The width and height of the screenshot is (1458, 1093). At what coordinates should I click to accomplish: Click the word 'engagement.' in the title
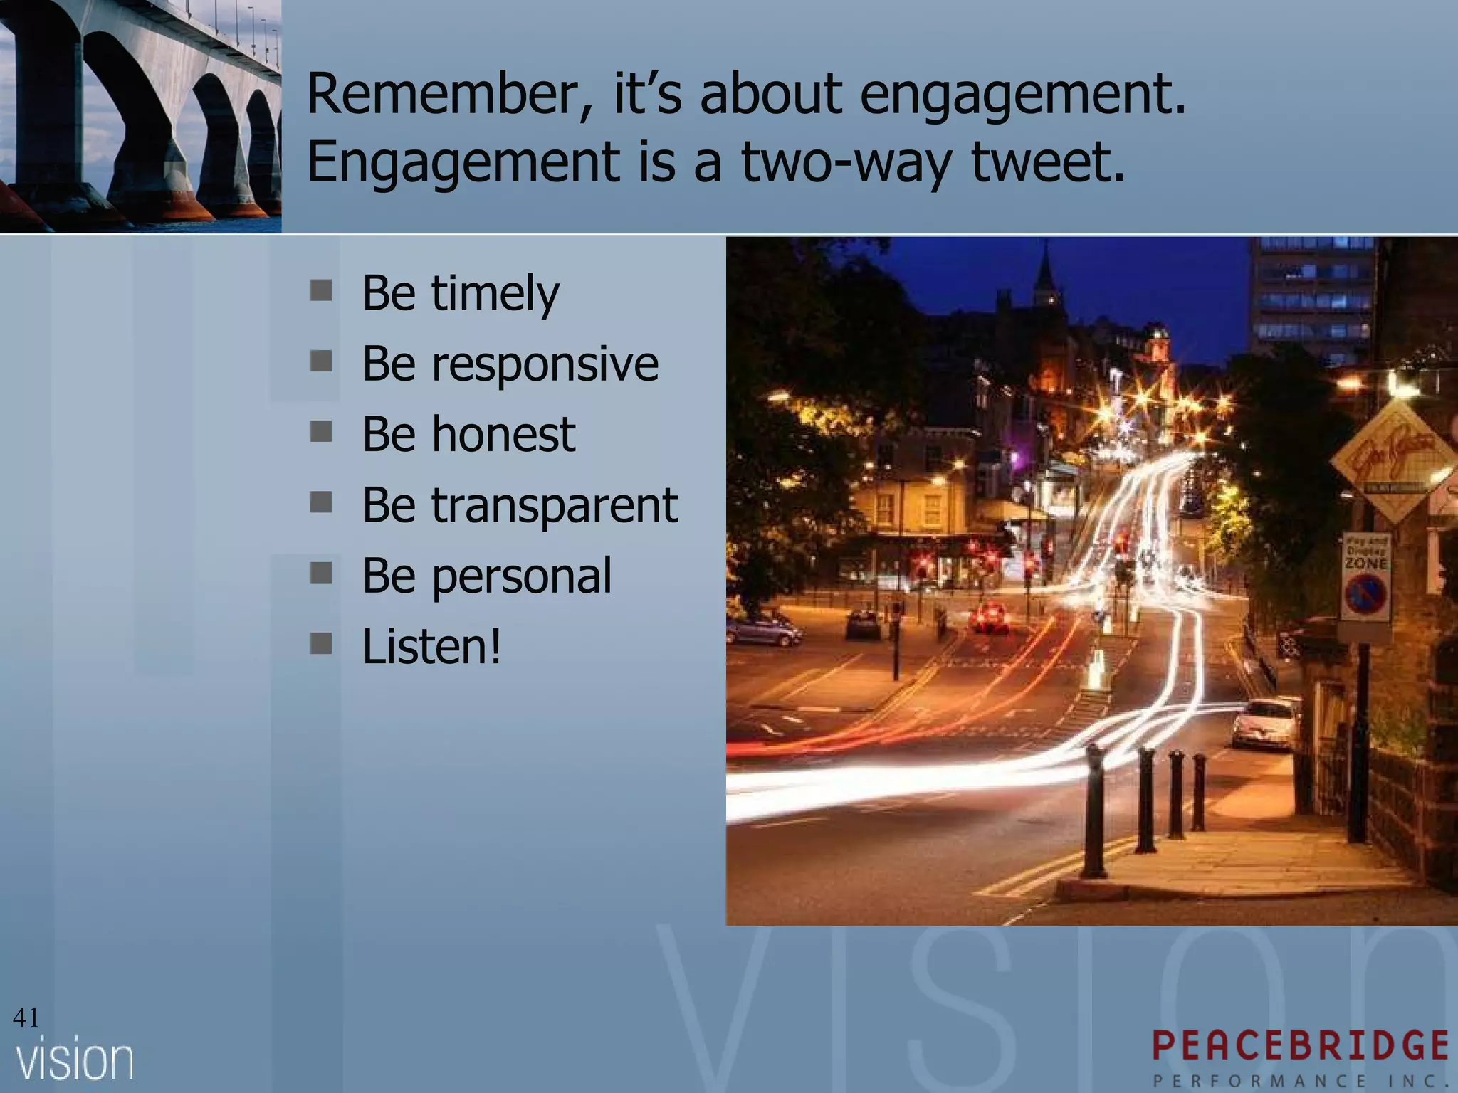tap(1023, 96)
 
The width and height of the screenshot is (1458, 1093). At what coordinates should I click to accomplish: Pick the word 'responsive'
tap(545, 364)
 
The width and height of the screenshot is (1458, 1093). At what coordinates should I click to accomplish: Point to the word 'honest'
tap(503, 434)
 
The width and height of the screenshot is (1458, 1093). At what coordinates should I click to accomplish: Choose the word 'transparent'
tap(555, 505)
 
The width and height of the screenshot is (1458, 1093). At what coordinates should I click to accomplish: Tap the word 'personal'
tap(521, 576)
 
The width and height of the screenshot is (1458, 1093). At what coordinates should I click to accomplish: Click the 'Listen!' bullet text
tap(431, 647)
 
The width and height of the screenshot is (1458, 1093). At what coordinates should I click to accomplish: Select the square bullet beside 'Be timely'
tap(321, 291)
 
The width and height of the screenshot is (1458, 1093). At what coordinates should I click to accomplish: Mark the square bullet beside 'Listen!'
tap(321, 645)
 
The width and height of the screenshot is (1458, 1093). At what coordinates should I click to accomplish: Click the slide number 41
tap(26, 1018)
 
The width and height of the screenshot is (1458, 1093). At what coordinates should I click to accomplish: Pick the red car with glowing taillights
tap(990, 616)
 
